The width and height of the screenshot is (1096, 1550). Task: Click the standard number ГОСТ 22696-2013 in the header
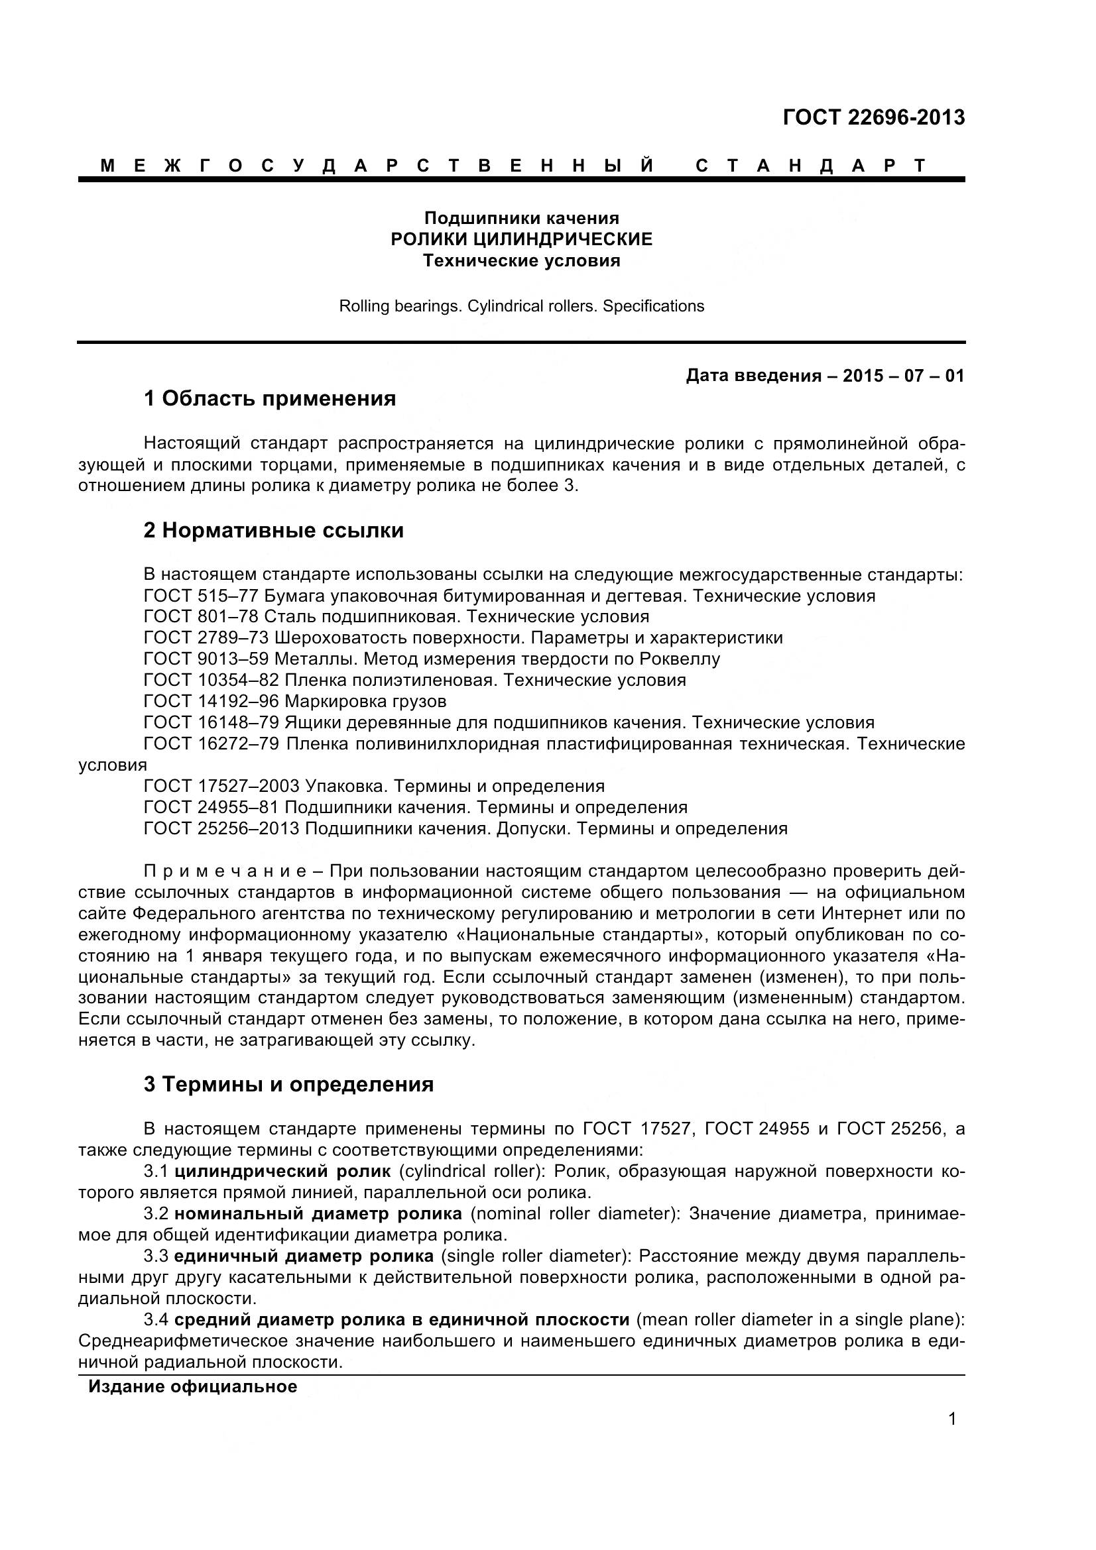pyautogui.click(x=873, y=118)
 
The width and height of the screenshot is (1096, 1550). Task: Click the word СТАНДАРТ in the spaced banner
pyautogui.click(x=811, y=166)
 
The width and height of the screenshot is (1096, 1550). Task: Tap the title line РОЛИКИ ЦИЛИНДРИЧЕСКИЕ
pyautogui.click(x=521, y=239)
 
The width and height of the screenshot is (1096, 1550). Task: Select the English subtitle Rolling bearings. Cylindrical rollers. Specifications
pyautogui.click(x=521, y=307)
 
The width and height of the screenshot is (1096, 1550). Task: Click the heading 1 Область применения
pyautogui.click(x=269, y=399)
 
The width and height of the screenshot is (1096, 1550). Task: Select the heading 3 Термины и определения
pyautogui.click(x=288, y=1085)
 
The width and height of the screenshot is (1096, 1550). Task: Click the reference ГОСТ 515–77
pyautogui.click(x=200, y=596)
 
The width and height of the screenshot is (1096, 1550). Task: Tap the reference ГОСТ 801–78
pyautogui.click(x=200, y=617)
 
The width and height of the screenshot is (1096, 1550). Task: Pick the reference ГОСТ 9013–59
pyautogui.click(x=206, y=659)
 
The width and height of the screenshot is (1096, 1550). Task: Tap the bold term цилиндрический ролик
pyautogui.click(x=282, y=1171)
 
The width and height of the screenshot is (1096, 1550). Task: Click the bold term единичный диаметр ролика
pyautogui.click(x=304, y=1256)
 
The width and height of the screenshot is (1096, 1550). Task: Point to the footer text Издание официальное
pyautogui.click(x=192, y=1387)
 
